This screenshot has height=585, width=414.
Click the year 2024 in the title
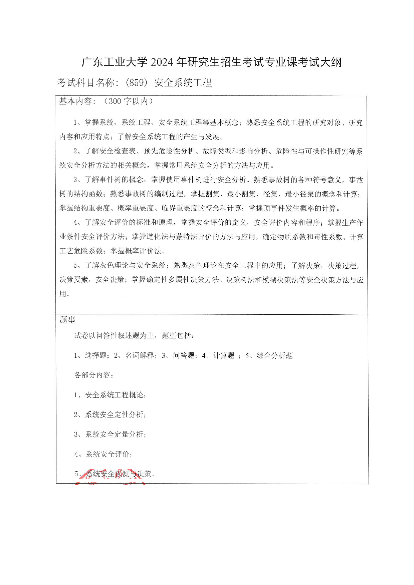[x=163, y=62]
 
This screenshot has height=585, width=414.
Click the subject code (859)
[x=137, y=82]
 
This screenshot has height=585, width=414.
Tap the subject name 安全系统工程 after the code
[x=183, y=82]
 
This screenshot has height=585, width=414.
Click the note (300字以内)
[x=128, y=101]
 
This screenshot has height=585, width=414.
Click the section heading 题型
[x=67, y=320]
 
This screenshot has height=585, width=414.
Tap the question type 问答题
[x=183, y=355]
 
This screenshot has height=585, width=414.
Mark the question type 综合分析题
[x=274, y=355]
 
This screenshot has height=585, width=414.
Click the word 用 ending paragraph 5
[x=63, y=294]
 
